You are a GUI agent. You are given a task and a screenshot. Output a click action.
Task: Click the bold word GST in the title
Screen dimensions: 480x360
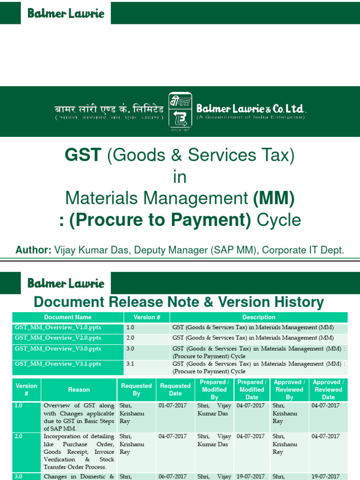83,155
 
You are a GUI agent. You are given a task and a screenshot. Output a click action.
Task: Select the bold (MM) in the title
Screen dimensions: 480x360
274,198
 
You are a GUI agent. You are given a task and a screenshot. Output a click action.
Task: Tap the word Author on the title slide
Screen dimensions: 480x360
33,250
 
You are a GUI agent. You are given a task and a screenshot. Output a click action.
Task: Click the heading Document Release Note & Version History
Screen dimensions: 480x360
179,302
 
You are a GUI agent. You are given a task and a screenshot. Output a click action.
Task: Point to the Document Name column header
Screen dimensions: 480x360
68,317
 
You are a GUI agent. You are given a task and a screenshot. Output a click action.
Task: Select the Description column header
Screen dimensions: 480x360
259,317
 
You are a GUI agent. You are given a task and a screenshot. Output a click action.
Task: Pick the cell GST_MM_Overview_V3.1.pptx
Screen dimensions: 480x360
58,364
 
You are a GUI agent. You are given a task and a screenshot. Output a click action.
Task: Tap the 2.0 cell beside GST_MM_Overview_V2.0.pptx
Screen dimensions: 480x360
130,338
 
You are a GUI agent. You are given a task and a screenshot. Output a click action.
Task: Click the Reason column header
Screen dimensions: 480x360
79,390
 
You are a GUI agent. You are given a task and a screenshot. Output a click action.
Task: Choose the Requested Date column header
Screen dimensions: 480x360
175,390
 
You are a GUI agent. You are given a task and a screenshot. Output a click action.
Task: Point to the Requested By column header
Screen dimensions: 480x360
136,390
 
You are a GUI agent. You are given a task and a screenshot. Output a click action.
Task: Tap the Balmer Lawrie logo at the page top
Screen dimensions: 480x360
66,13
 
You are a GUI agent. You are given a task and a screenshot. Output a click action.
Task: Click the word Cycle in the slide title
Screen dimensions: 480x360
282,220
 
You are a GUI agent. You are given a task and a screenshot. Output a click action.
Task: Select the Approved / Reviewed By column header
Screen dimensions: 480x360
289,390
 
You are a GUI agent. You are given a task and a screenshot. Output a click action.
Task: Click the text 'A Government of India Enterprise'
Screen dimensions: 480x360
251,117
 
